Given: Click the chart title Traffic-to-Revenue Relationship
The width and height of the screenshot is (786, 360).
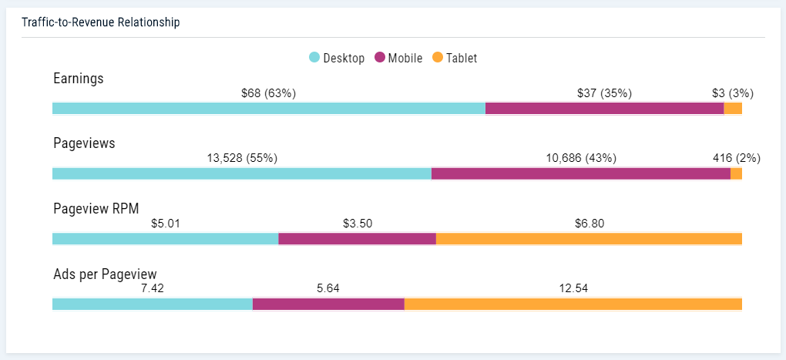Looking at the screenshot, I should pos(100,22).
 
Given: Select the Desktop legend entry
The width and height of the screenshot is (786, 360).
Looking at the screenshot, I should pos(337,58).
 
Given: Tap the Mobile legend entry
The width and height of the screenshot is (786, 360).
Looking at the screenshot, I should pos(398,58).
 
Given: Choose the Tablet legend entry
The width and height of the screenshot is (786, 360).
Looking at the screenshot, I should pos(455,58).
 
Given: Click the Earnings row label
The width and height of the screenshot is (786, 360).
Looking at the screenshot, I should pos(79,78).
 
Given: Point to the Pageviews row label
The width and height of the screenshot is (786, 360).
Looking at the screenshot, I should pos(84,143).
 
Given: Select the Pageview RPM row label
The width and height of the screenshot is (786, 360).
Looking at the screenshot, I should pos(96,208).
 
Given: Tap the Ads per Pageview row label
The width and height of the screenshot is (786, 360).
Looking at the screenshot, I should pos(105,274).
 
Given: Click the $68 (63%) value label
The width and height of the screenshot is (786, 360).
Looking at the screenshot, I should pos(268,93).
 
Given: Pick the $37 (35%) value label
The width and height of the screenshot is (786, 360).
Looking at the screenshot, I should pos(604,93).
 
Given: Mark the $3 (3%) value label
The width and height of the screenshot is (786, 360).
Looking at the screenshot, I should pos(732,93).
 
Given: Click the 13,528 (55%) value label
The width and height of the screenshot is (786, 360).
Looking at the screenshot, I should pos(242,158).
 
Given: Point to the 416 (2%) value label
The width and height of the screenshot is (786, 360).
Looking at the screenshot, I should pos(736,158).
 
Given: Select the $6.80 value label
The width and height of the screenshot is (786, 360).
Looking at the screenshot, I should pos(589,224).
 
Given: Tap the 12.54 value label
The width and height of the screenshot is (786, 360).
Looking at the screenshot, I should pos(573,288).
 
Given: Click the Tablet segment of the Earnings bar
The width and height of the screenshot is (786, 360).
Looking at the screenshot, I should pos(733,109).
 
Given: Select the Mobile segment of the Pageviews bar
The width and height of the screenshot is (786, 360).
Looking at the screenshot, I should pos(580,173).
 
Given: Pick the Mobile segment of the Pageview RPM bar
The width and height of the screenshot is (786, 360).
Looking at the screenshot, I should pos(357,239).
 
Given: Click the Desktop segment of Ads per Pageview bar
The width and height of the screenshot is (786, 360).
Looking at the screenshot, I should pos(152,304).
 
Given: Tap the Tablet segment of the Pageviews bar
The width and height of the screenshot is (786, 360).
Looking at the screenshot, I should pos(736,173).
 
